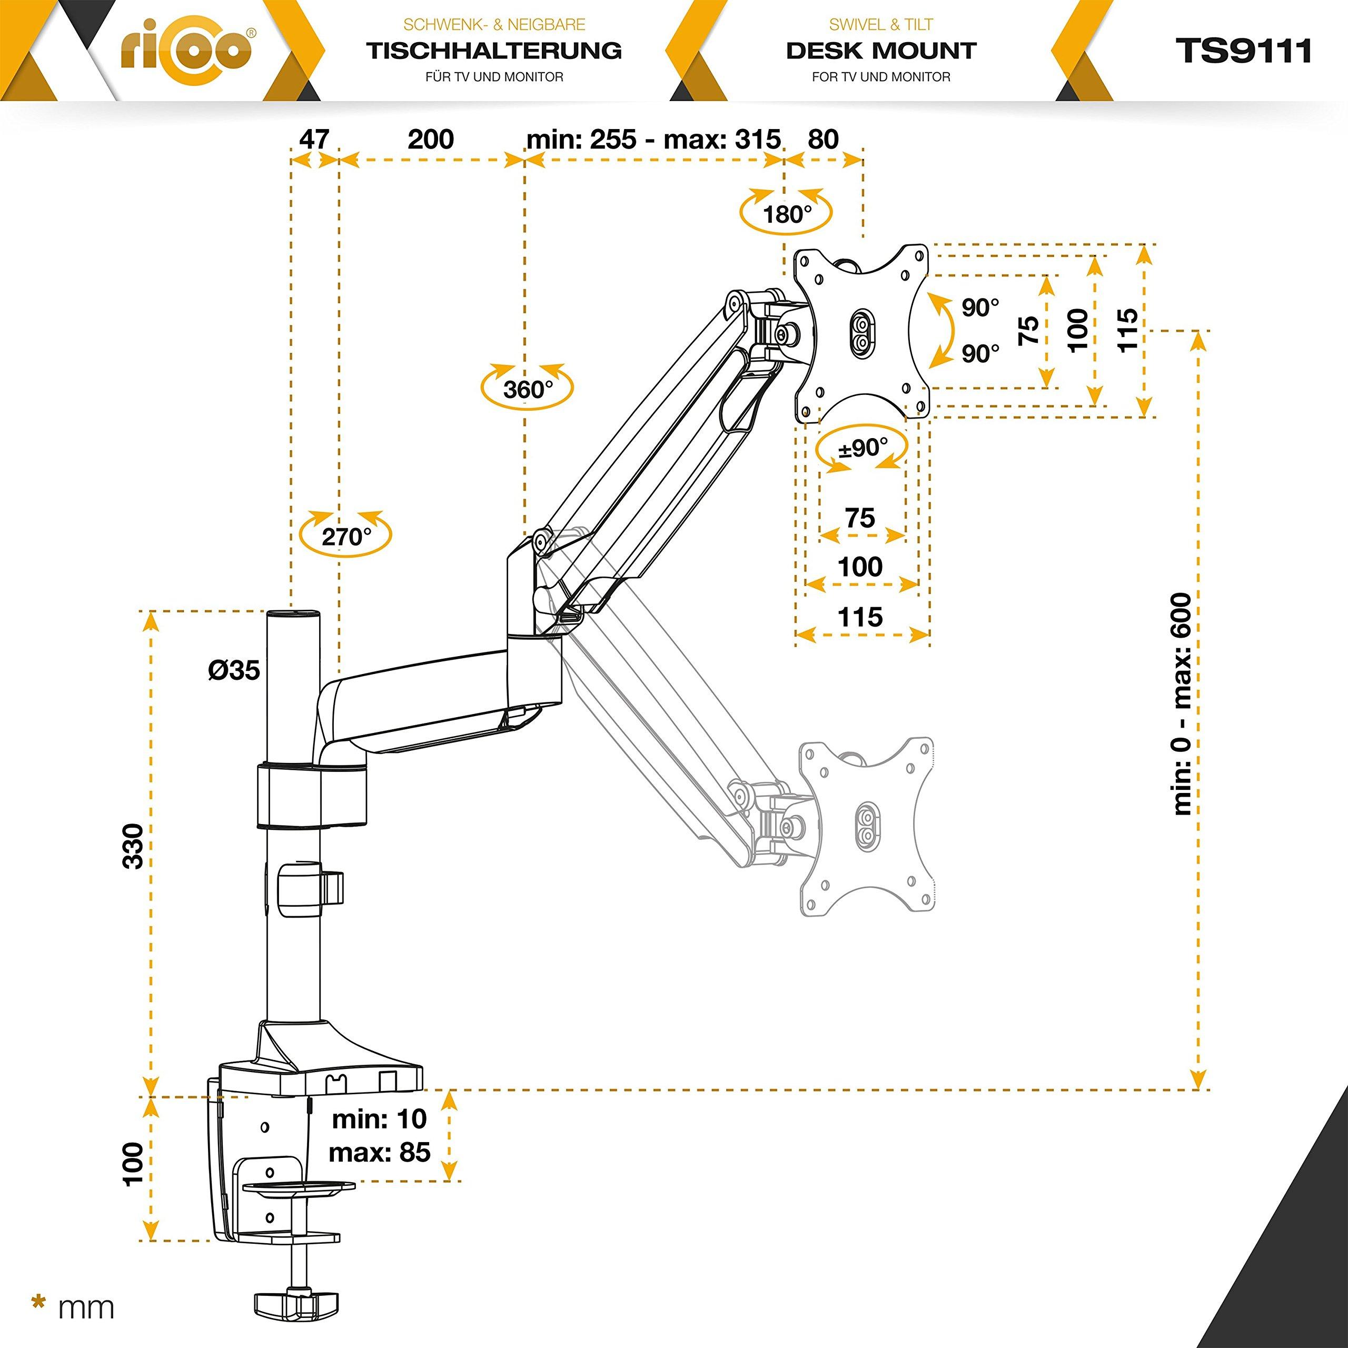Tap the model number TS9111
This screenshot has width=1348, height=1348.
point(1243,51)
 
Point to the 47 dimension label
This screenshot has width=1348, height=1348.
point(314,139)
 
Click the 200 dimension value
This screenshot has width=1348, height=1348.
point(431,139)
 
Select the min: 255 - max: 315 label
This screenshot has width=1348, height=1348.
point(653,139)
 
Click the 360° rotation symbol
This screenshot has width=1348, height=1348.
point(527,388)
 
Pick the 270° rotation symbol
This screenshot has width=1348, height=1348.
point(345,536)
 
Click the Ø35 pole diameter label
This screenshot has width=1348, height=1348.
point(234,670)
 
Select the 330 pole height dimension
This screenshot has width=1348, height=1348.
point(133,846)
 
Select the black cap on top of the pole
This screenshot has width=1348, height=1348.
point(294,614)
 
